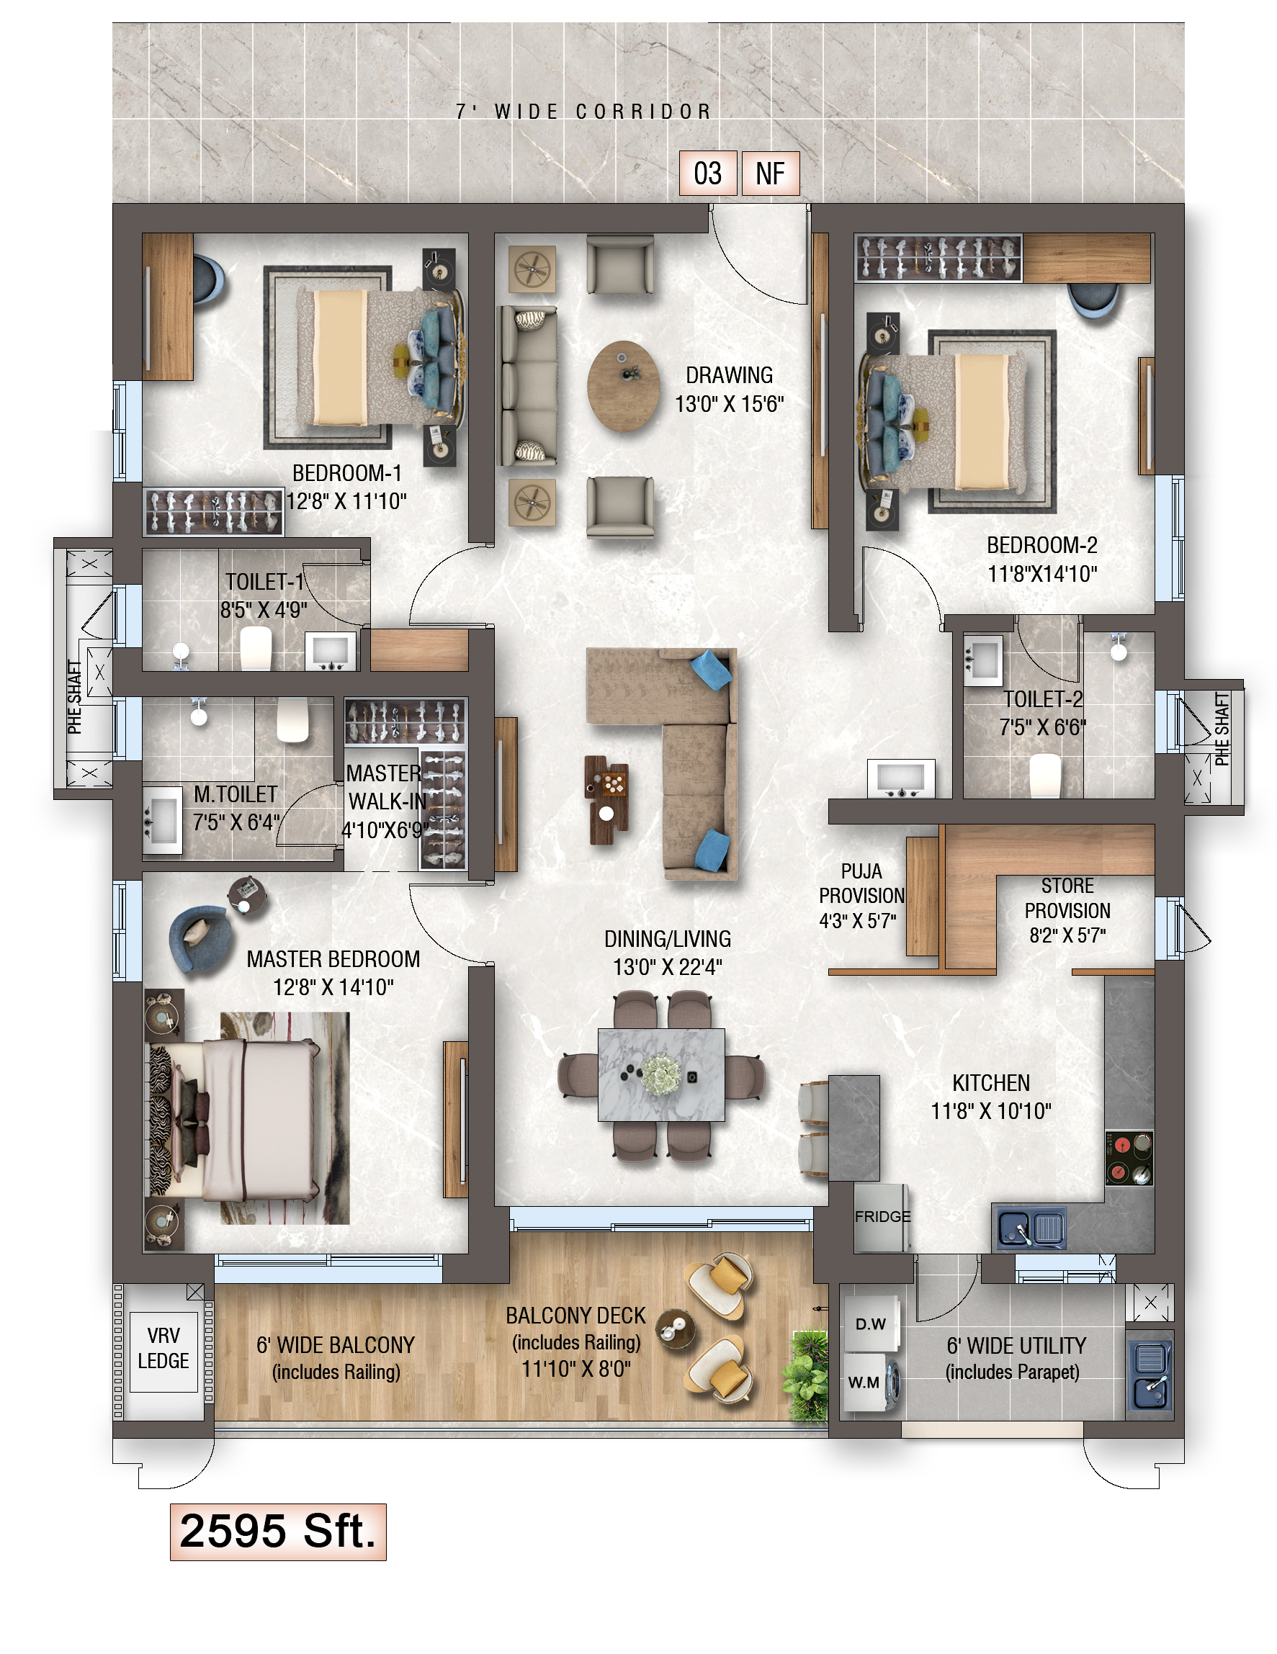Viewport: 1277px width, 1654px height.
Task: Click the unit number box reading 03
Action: pos(707,174)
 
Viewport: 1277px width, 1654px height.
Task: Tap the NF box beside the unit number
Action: pos(770,174)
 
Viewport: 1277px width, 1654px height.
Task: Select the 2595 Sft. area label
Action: pos(278,1532)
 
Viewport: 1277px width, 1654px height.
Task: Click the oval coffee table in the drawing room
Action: pos(623,386)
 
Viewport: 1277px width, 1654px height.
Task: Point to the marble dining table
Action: pos(661,1074)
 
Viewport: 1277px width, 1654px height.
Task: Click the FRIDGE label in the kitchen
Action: pos(882,1216)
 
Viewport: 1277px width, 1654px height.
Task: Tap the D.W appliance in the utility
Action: pos(871,1323)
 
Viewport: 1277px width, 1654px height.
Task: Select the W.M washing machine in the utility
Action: pos(871,1382)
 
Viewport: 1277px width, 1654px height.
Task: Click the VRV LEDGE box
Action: pos(163,1348)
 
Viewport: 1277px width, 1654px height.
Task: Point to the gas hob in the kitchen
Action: pos(1129,1158)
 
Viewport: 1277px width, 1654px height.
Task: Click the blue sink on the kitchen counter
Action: pos(1030,1228)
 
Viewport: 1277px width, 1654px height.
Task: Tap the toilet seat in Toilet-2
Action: pos(1045,775)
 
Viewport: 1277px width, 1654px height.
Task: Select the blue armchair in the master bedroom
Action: pos(200,938)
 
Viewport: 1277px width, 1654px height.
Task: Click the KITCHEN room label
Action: pos(990,1083)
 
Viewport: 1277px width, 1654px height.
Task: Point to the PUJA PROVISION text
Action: pos(861,883)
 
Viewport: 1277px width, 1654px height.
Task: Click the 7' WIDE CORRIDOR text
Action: pos(583,112)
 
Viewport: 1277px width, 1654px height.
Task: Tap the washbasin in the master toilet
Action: pos(162,820)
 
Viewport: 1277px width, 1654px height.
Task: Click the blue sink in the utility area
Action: pos(1150,1375)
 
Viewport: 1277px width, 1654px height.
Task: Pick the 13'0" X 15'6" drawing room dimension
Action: pos(730,405)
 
